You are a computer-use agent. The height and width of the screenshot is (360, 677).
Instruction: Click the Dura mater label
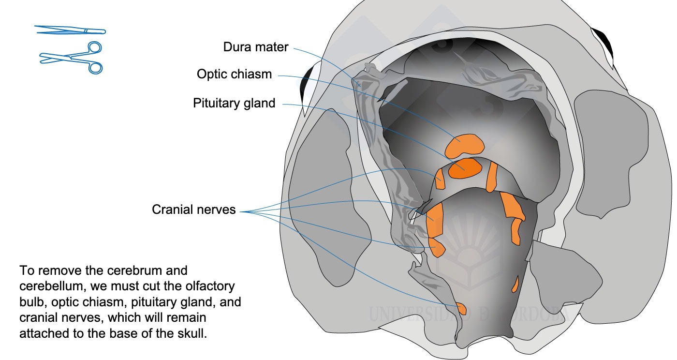pyautogui.click(x=256, y=47)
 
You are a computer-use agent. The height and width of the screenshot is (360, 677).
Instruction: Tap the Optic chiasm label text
pyautogui.click(x=234, y=75)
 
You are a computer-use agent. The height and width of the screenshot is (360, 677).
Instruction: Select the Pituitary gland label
pyautogui.click(x=234, y=103)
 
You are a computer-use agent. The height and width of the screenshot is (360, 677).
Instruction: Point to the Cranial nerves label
pyautogui.click(x=193, y=210)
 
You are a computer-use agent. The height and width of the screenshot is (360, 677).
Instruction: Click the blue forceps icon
pyautogui.click(x=70, y=30)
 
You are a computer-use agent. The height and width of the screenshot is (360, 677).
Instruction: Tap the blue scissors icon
pyautogui.click(x=72, y=58)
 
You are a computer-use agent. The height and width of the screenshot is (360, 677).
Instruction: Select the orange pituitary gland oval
pyautogui.click(x=465, y=168)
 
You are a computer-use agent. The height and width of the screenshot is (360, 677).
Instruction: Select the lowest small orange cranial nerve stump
pyautogui.click(x=461, y=309)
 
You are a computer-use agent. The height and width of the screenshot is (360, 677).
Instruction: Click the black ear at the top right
pyautogui.click(x=603, y=45)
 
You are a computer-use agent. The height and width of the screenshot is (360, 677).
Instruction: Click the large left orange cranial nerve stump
pyautogui.click(x=435, y=220)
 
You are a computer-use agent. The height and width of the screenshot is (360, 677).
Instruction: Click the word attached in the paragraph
pyautogui.click(x=44, y=333)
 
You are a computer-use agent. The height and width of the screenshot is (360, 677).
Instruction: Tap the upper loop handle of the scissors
pyautogui.click(x=94, y=48)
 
